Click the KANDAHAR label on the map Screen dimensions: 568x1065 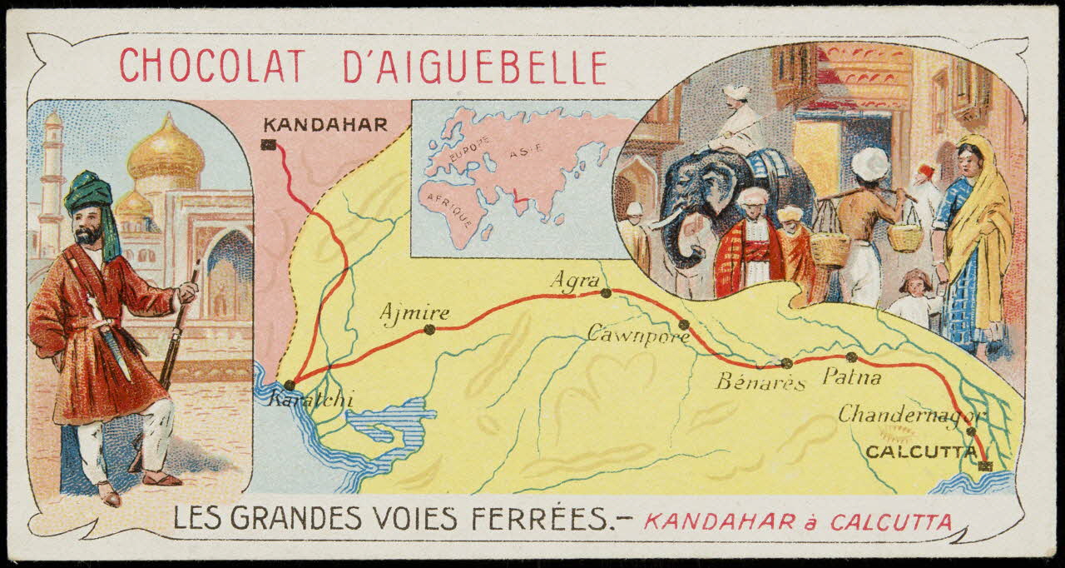point(325,126)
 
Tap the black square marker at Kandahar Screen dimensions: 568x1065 point(268,145)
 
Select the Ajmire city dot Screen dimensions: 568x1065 point(429,329)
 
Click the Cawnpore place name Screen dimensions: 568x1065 point(638,336)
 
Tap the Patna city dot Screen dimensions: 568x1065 point(851,357)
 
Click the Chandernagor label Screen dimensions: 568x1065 point(911,414)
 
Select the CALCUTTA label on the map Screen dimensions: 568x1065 point(919,451)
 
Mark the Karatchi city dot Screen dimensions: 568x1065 point(289,385)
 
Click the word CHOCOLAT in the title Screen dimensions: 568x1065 point(212,67)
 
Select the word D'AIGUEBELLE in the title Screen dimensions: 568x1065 point(475,67)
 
